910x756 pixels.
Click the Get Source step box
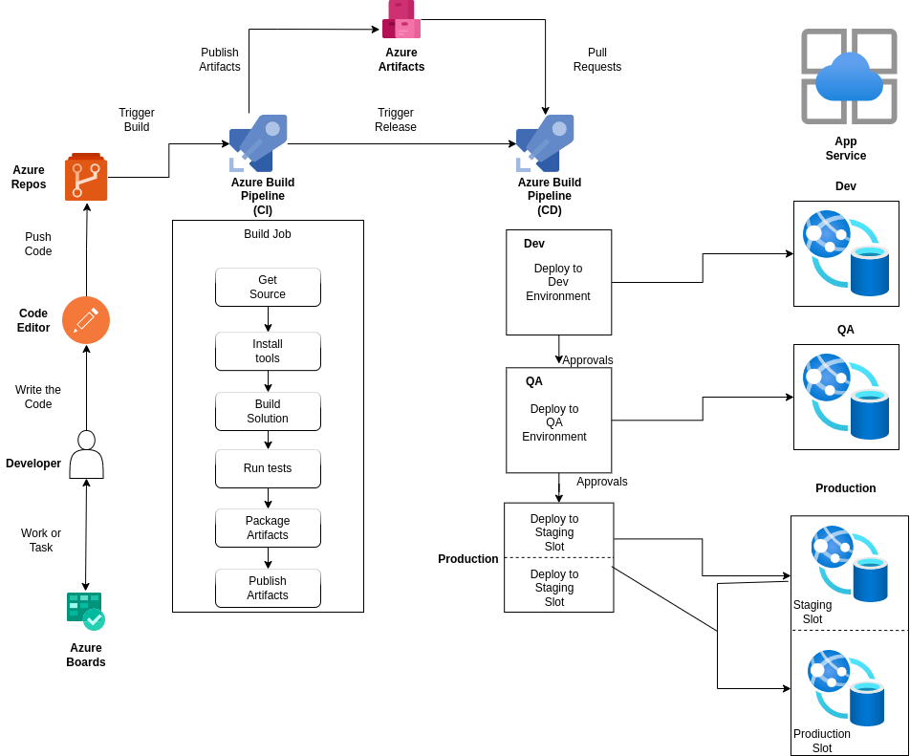click(x=268, y=287)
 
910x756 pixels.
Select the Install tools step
click(x=268, y=351)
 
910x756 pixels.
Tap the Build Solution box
click(x=268, y=411)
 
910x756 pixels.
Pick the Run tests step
click(x=268, y=468)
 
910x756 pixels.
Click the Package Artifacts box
click(x=268, y=528)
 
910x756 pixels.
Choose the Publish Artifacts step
click(x=268, y=588)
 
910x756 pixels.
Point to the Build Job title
click(x=268, y=234)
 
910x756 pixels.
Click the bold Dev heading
click(x=534, y=244)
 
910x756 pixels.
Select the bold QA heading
click(x=534, y=381)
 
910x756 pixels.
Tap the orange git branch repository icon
click(x=86, y=177)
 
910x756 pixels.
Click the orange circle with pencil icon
click(x=86, y=320)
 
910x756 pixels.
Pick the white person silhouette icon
click(x=86, y=454)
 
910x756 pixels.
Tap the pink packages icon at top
click(x=401, y=19)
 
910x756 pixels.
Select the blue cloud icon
click(x=849, y=78)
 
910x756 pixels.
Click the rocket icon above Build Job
click(x=258, y=143)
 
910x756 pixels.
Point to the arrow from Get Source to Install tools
click(x=268, y=319)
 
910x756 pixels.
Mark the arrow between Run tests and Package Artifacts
click(x=268, y=498)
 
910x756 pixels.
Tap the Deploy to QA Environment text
click(x=554, y=422)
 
